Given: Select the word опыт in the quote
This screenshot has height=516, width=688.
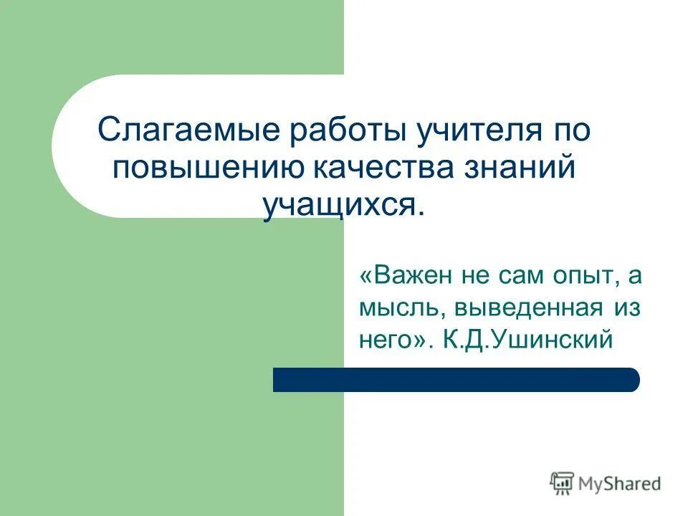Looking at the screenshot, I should pos(574,277).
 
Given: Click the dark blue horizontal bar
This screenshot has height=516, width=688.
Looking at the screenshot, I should pos(456,380).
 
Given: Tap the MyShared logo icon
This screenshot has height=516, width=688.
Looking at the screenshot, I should pos(563,484).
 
